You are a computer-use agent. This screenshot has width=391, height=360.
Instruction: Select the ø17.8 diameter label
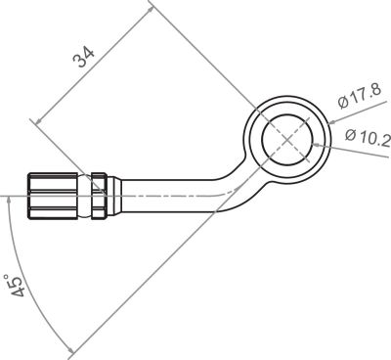358,98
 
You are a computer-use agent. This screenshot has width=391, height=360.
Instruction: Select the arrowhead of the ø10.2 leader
312,144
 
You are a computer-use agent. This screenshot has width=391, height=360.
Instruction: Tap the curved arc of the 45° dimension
33,293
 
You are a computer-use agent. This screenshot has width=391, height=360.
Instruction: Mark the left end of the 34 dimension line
35,122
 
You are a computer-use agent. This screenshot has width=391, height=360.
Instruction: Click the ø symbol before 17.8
343,103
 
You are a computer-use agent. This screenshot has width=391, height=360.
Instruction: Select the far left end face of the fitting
28,197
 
